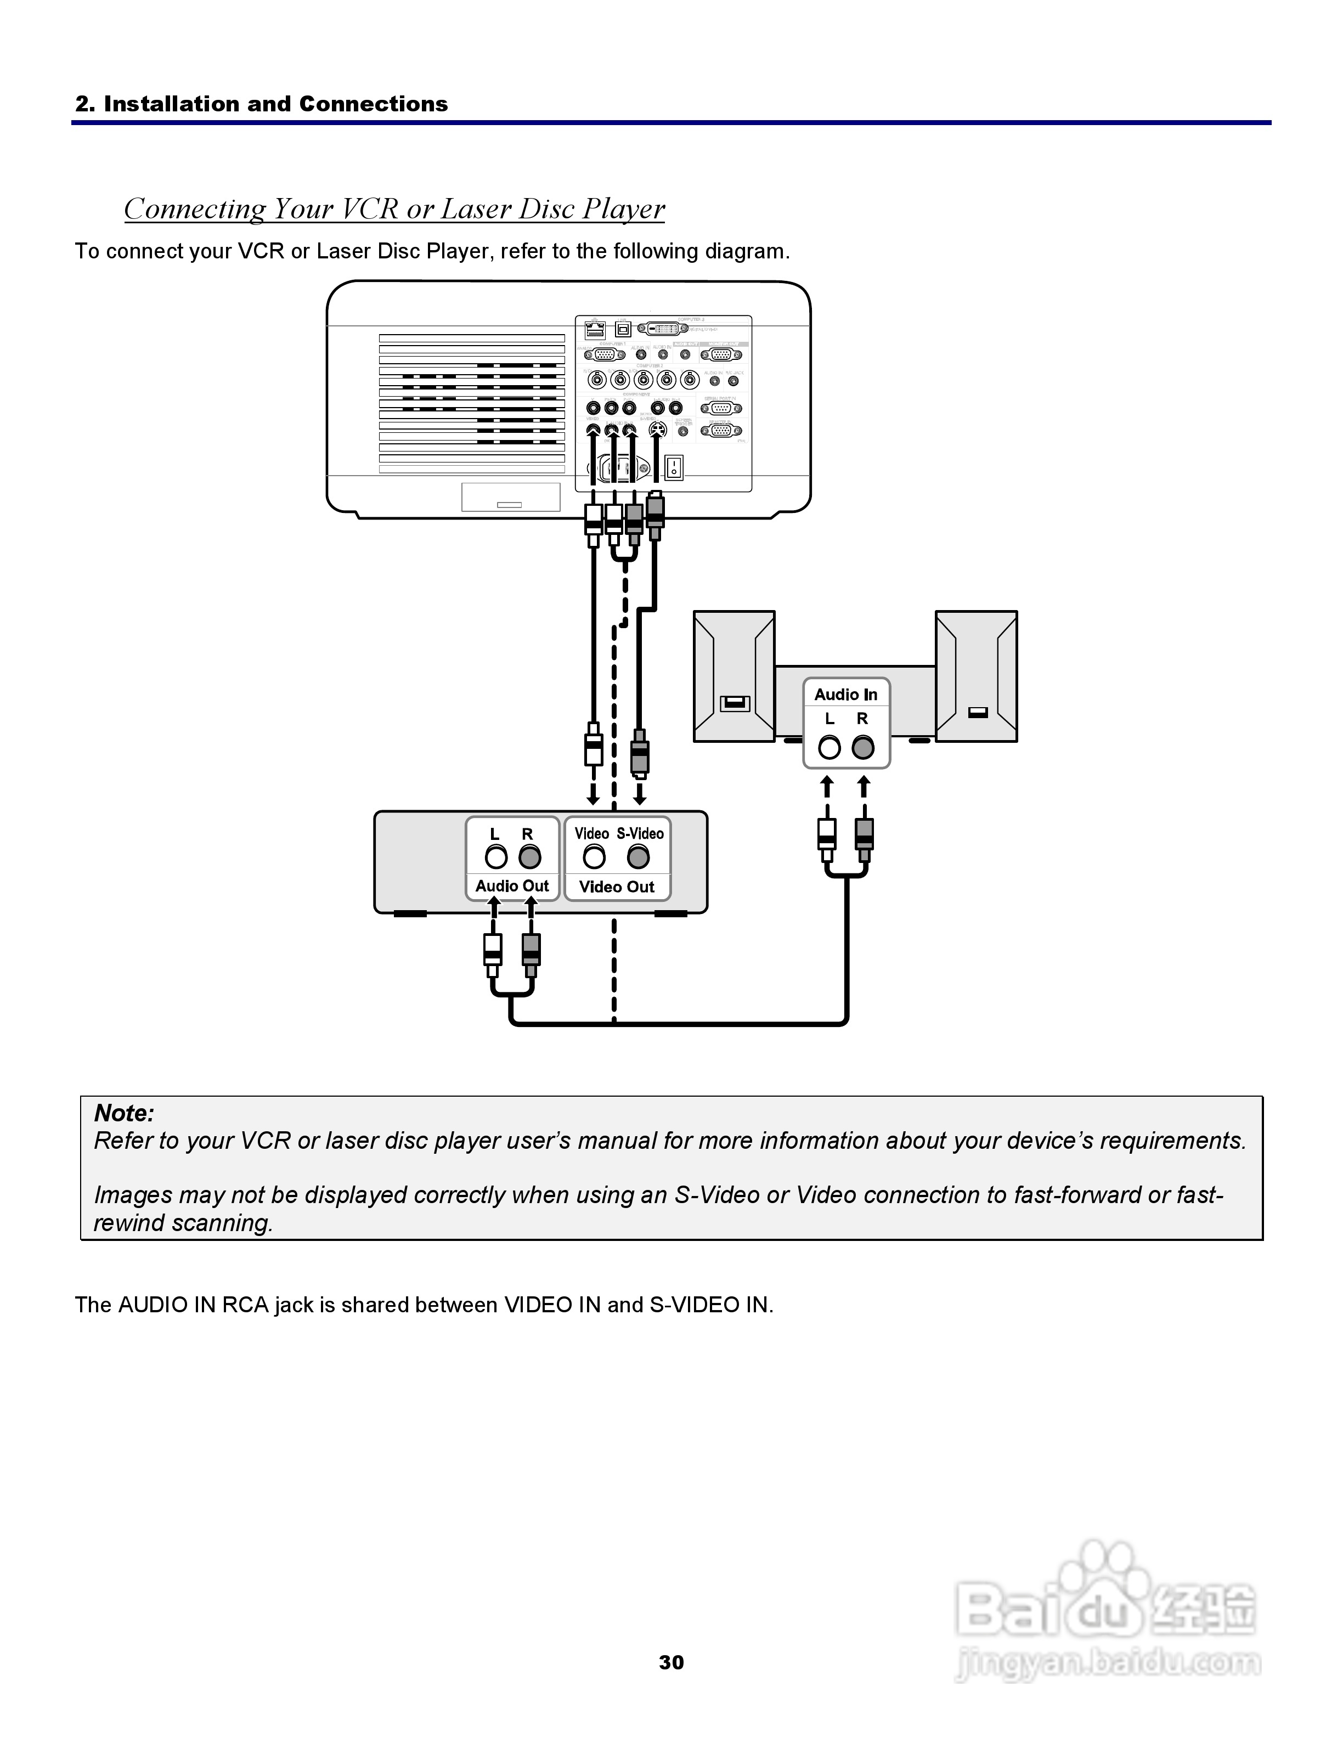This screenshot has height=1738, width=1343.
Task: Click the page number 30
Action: click(x=671, y=1662)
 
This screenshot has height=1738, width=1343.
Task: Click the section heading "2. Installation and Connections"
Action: click(x=261, y=104)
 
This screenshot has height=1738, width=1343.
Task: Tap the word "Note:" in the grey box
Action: click(x=124, y=1113)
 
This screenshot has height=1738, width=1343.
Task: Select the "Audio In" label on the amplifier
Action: click(x=846, y=695)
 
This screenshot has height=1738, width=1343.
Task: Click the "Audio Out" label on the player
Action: click(x=512, y=885)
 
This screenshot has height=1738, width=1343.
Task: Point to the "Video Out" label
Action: click(x=617, y=887)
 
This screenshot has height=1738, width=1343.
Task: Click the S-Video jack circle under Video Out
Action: click(x=638, y=857)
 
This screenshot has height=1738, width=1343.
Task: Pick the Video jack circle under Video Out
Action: click(x=594, y=857)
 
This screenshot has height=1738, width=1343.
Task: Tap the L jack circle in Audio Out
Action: click(x=496, y=857)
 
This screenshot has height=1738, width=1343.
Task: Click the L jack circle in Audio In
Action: click(x=829, y=747)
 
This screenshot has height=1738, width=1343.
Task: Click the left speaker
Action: click(x=733, y=676)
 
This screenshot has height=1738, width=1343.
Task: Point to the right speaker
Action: click(x=976, y=676)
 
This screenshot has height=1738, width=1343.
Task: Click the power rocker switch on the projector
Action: click(x=674, y=466)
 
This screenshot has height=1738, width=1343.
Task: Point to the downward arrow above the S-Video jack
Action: click(x=640, y=794)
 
